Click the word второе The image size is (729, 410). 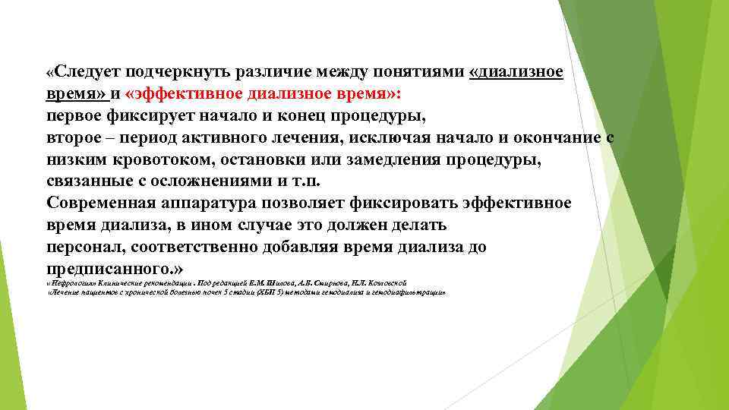click(74, 138)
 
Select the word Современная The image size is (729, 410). click(101, 203)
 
